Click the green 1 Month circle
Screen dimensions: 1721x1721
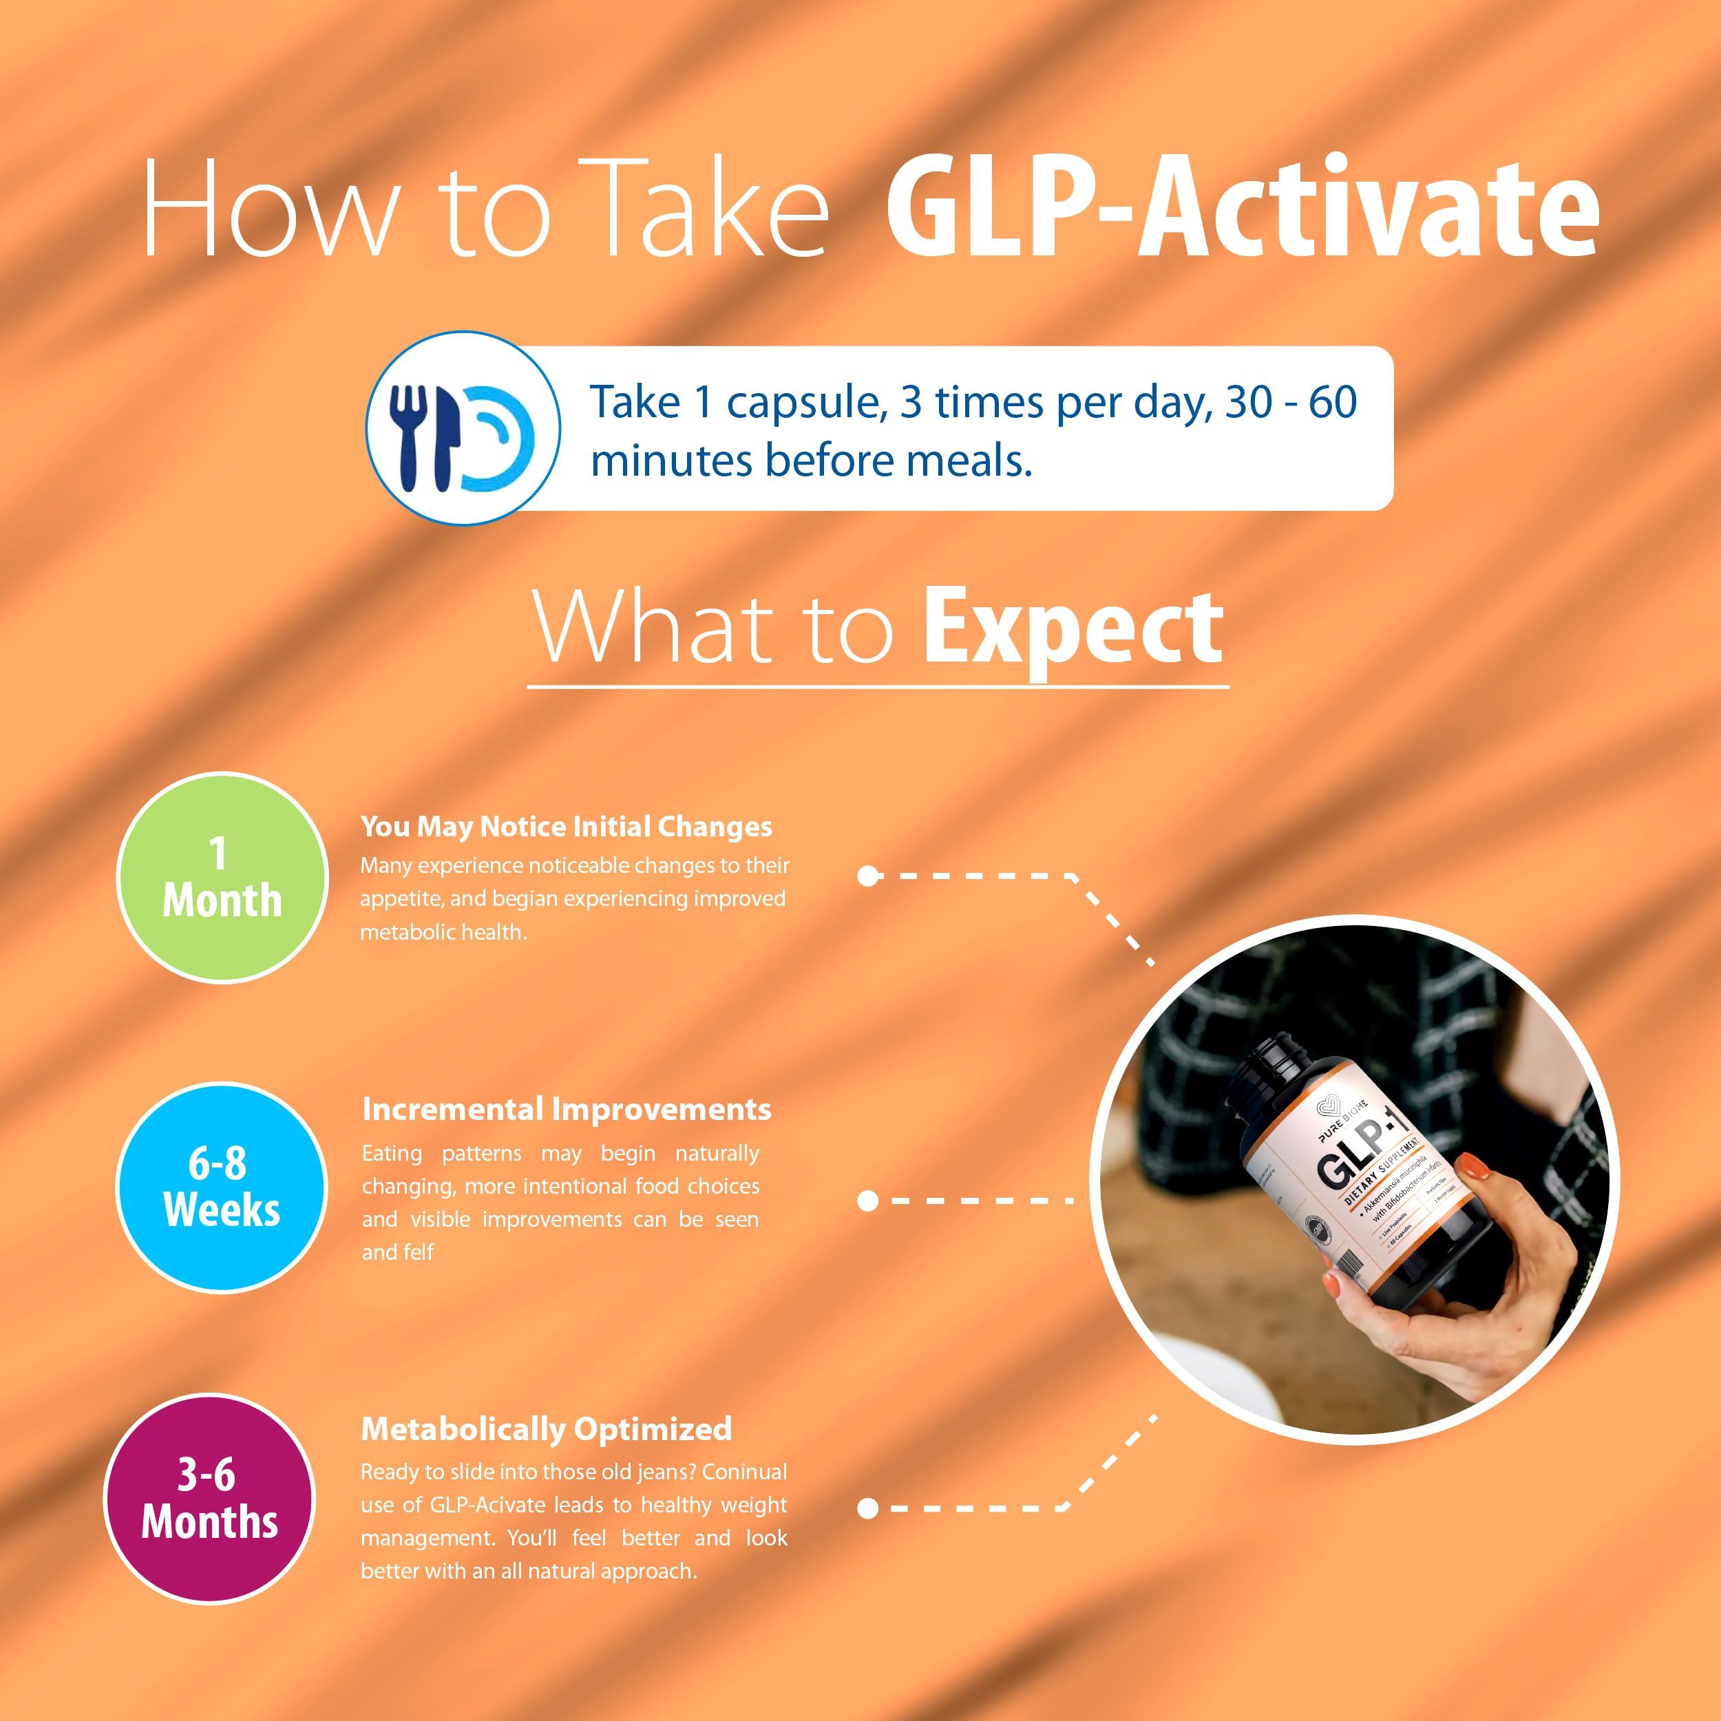222,878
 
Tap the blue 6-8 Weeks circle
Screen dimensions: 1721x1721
222,1187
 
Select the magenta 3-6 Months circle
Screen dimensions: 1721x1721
210,1499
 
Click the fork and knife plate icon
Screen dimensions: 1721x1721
463,427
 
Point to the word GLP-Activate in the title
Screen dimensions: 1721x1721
1242,209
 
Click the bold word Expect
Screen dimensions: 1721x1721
1073,629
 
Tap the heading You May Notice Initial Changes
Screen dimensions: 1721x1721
566,827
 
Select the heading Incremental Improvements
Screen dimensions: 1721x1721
567,1109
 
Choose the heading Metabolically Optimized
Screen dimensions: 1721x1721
546,1429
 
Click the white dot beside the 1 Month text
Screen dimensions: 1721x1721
867,876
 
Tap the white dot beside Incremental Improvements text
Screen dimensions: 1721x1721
867,1201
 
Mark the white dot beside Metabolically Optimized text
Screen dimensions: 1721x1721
867,1508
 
